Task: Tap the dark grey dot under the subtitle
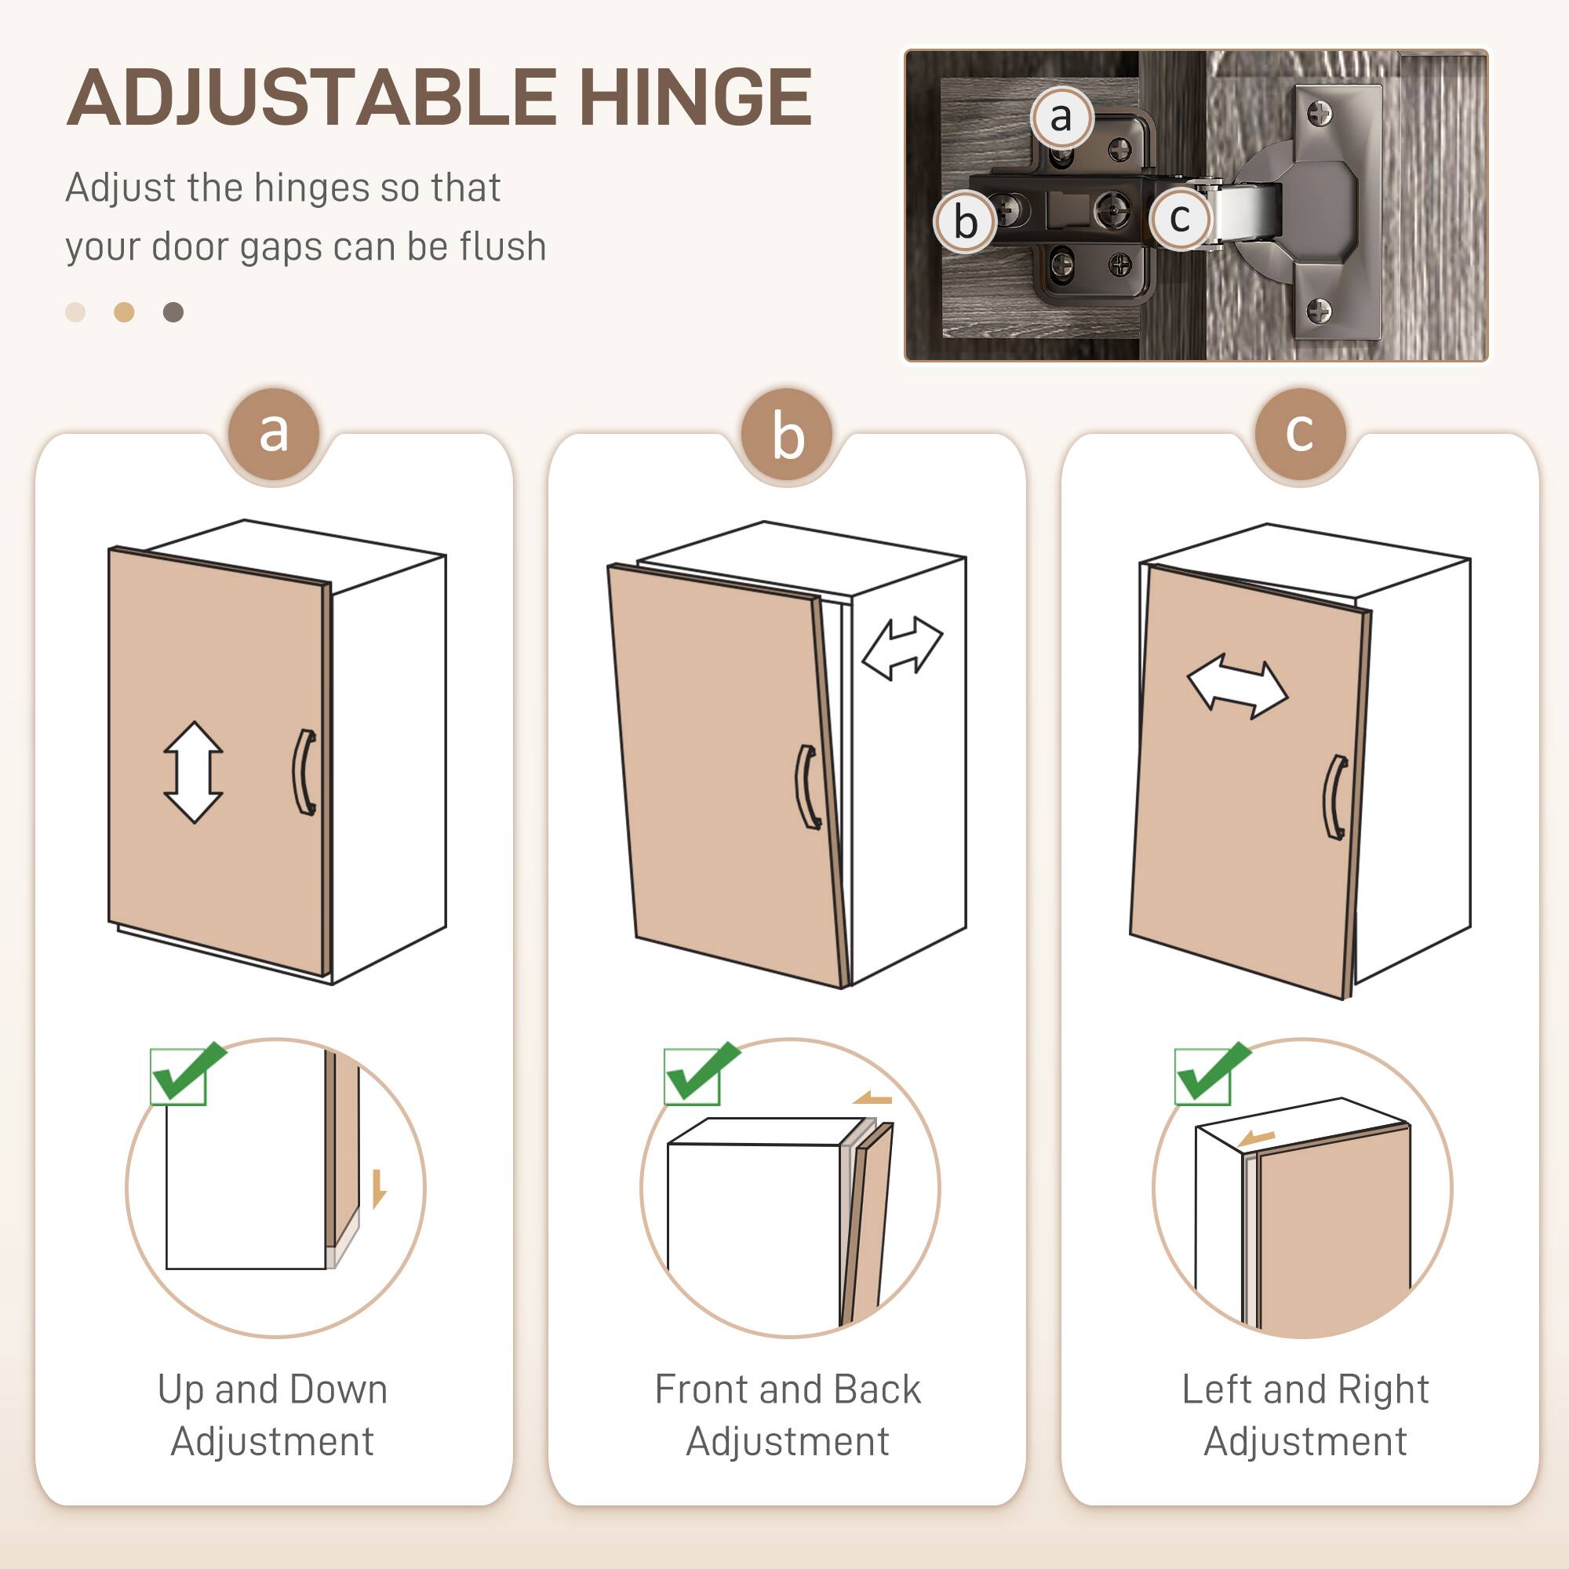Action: (x=173, y=312)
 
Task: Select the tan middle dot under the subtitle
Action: (x=123, y=312)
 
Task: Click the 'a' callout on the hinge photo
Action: (x=1061, y=118)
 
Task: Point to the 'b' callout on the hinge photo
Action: (x=965, y=222)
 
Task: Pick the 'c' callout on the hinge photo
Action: (x=1179, y=217)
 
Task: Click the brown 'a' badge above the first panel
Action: (x=275, y=434)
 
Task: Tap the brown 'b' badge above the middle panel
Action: (x=787, y=435)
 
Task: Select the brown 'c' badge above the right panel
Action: (x=1299, y=434)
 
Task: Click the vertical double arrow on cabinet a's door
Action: (x=193, y=771)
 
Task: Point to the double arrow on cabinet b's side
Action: (x=901, y=647)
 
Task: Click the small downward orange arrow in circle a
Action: (x=378, y=1188)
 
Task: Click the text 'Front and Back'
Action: (x=787, y=1389)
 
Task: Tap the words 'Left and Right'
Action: (x=1305, y=1389)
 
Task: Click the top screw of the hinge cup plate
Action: (x=1320, y=113)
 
